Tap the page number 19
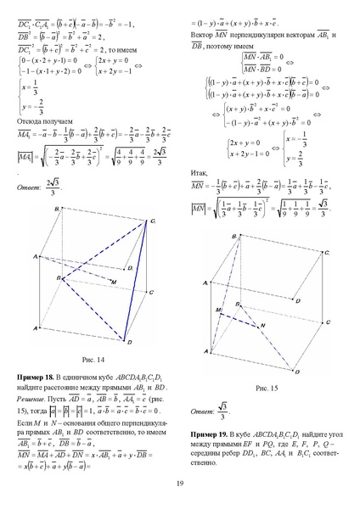pyautogui.click(x=180, y=484)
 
